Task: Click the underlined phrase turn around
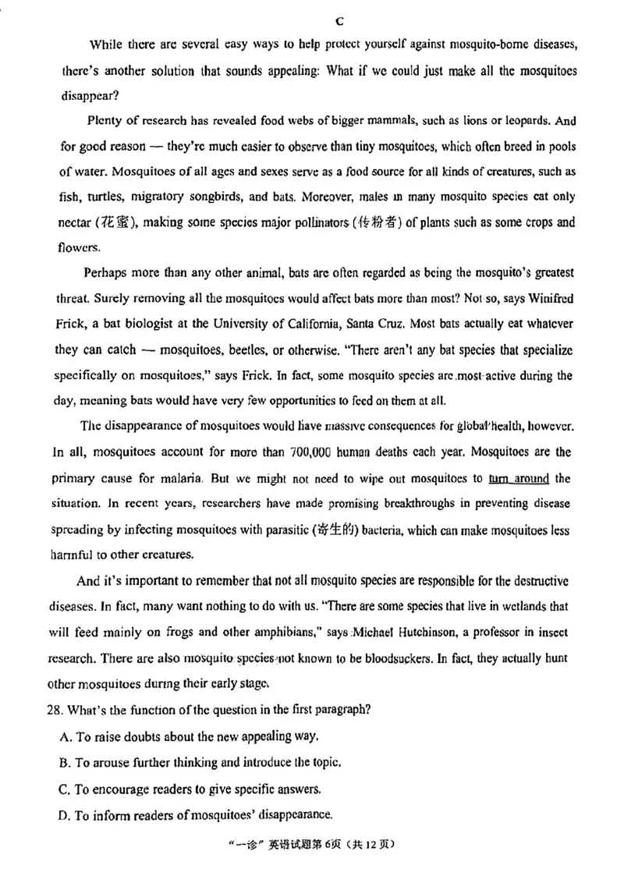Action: (x=519, y=478)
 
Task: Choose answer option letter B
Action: (x=64, y=763)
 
